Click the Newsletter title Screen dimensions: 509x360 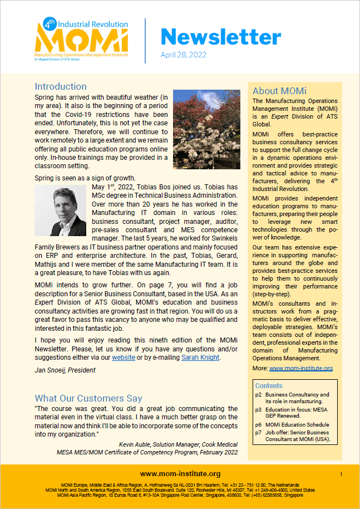220,37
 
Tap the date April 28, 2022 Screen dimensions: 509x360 184,55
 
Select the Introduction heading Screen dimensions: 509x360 61,86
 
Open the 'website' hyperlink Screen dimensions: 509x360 124,358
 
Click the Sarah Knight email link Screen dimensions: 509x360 201,358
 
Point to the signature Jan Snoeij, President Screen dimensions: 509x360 65,370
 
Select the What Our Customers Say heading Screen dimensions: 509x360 88,398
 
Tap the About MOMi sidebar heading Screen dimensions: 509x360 279,91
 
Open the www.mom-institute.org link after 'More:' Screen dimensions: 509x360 301,368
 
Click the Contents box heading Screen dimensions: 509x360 269,385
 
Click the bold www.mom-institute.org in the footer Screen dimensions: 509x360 180,473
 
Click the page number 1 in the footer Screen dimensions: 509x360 341,474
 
